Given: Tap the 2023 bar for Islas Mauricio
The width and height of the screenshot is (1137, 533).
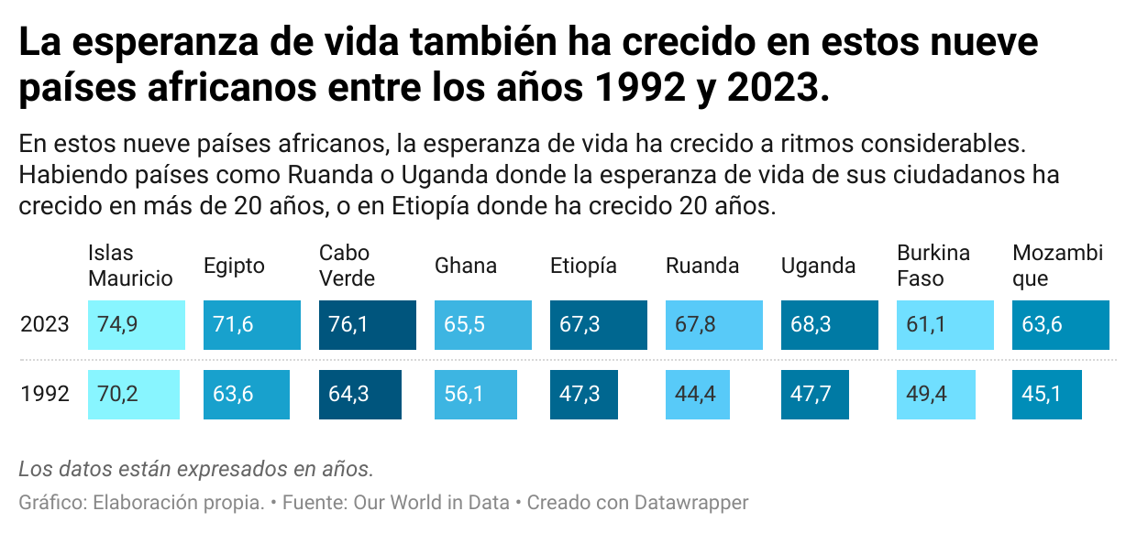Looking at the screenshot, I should tap(137, 325).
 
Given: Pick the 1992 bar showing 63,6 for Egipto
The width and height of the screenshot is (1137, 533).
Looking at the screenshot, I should tap(246, 395).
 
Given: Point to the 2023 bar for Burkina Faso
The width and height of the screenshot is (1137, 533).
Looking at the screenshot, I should tap(944, 325).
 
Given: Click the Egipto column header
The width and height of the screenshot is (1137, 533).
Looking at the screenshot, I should tap(234, 266).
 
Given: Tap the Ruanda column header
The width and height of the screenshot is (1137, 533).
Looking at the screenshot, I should tap(702, 266).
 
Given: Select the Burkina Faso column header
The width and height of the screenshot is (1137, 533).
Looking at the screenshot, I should tap(933, 266).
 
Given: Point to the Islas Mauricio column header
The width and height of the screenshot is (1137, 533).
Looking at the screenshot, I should tap(130, 266).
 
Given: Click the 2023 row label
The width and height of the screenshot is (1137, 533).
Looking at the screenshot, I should tap(45, 325).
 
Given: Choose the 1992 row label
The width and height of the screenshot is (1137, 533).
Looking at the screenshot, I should tap(45, 395).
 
